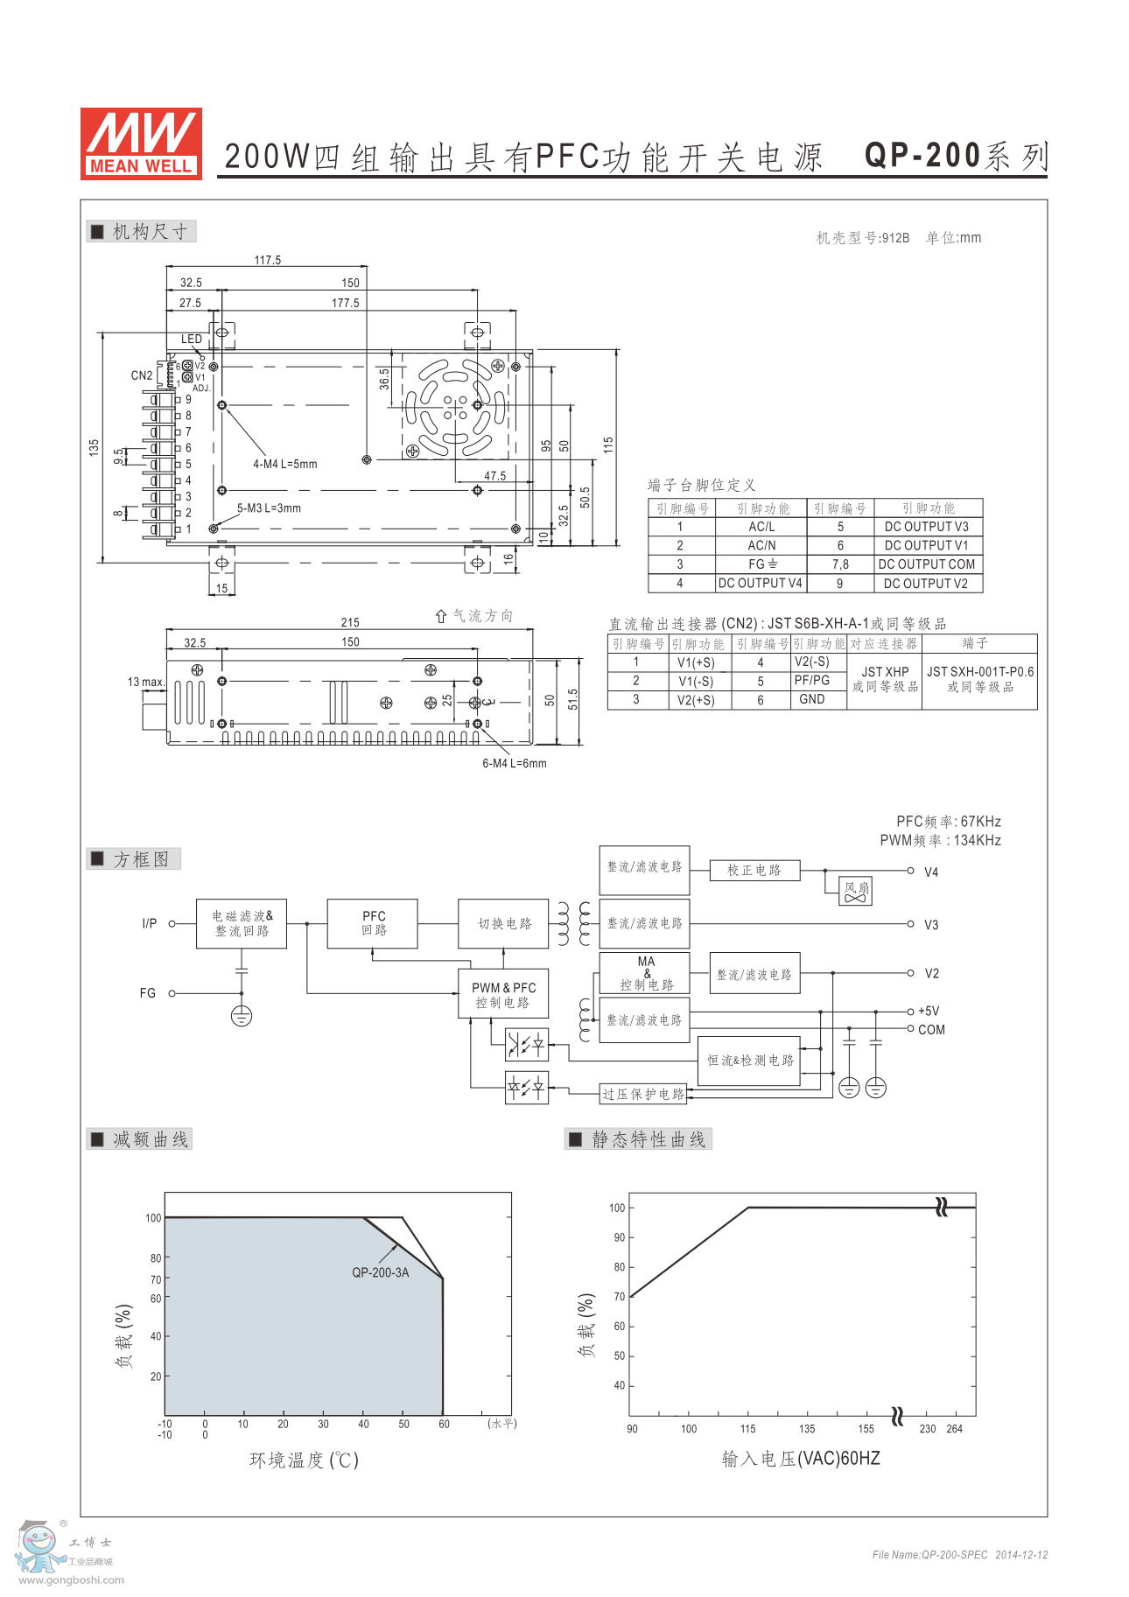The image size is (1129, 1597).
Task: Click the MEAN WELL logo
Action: click(x=141, y=144)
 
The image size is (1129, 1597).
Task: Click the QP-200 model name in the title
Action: click(x=922, y=156)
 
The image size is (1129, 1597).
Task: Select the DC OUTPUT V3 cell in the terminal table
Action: click(x=926, y=527)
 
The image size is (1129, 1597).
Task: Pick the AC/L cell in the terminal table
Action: click(x=761, y=527)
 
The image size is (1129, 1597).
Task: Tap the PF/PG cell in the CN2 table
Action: click(x=811, y=680)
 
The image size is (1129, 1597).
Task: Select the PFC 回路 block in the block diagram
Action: click(x=373, y=923)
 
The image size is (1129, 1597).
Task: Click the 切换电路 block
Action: click(x=504, y=923)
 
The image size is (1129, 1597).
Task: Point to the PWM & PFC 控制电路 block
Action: click(x=503, y=994)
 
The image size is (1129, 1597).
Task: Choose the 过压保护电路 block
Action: click(x=643, y=1094)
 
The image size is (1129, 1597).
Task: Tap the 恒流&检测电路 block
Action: click(x=749, y=1061)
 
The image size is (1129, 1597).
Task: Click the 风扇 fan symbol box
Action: click(x=855, y=891)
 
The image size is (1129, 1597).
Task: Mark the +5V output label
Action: click(x=929, y=1011)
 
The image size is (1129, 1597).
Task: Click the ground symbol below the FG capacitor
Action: click(x=242, y=1016)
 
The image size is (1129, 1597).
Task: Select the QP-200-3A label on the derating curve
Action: click(x=380, y=1272)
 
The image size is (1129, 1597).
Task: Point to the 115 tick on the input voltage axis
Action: click(x=747, y=1429)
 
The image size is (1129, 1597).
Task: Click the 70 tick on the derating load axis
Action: click(x=156, y=1279)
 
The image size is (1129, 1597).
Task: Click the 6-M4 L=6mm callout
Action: click(x=514, y=763)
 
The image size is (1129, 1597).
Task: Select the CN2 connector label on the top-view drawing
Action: click(x=142, y=375)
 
